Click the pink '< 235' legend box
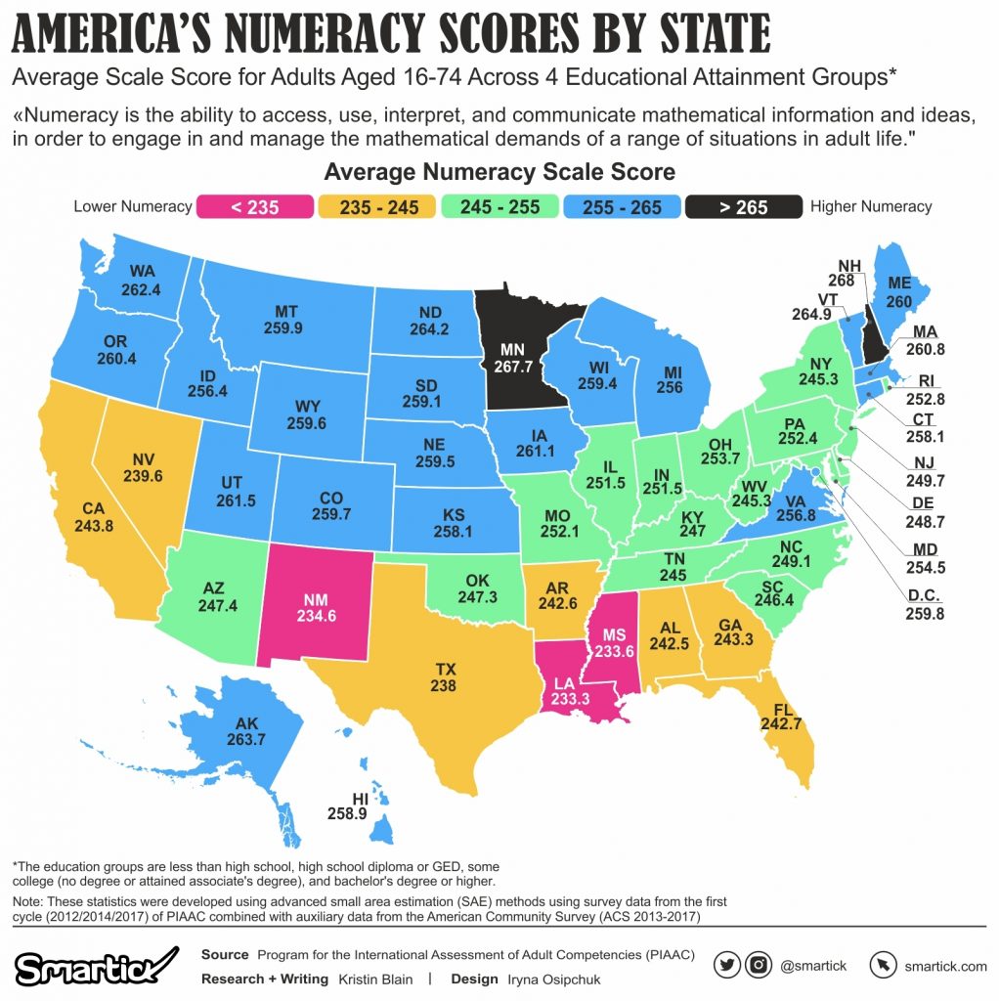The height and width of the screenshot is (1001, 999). (x=254, y=207)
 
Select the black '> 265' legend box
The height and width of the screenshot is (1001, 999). (x=745, y=207)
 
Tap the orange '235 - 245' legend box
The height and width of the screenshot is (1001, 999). (x=376, y=207)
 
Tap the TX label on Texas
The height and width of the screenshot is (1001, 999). (x=446, y=669)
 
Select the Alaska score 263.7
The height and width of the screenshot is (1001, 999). (x=245, y=740)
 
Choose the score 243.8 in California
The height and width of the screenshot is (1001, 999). (x=93, y=525)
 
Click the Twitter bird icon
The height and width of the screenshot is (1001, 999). (x=726, y=966)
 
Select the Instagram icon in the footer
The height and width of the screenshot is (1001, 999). (x=759, y=966)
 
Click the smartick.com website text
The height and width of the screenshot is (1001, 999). (x=944, y=967)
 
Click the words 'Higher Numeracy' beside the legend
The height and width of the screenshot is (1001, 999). (x=871, y=207)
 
